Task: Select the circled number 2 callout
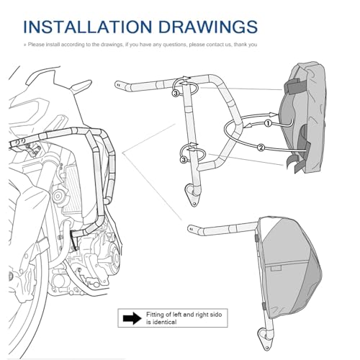coord(261,148)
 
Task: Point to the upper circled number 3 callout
coord(175,93)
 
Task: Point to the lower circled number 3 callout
coord(184,160)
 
